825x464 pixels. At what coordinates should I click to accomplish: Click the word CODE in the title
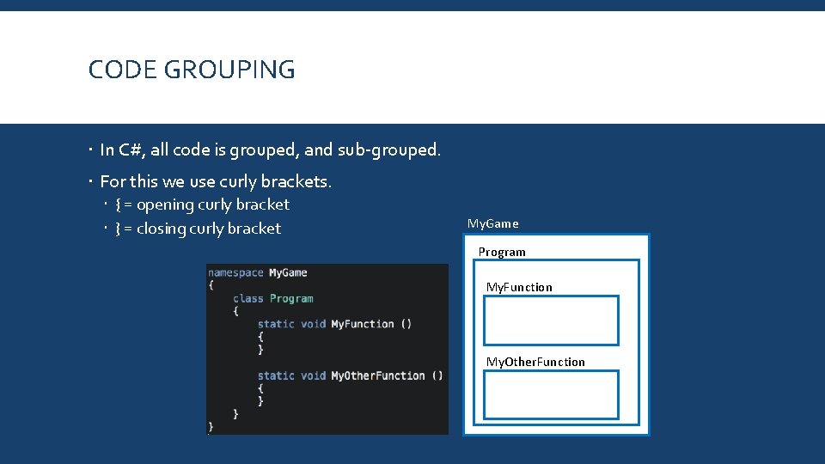118,70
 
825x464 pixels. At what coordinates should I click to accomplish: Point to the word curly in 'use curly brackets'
237,181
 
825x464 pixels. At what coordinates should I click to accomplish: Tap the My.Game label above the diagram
492,223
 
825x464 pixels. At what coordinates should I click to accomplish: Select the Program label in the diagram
502,252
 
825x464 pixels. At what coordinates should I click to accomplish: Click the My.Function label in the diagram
519,287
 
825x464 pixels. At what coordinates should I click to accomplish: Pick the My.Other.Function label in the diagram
535,362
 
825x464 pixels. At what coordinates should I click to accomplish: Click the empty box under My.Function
551,321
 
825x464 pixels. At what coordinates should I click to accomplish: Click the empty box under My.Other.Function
551,394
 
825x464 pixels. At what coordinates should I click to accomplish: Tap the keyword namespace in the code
235,272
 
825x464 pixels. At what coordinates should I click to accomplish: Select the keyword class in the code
247,298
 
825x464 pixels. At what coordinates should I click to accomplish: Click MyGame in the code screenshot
288,272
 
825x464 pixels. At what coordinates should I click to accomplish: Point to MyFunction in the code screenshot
362,324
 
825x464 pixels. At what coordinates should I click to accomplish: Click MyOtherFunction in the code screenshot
378,375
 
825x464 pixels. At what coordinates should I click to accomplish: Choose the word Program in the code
291,298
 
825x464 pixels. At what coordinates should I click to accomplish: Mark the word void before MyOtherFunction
313,375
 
